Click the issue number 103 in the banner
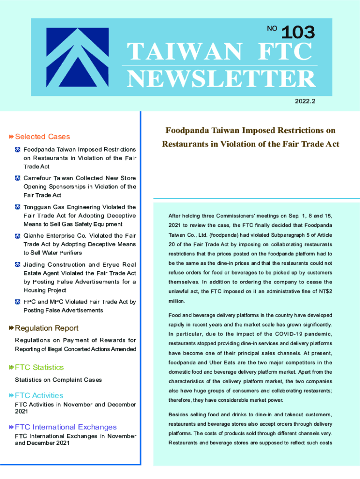pyautogui.click(x=298, y=32)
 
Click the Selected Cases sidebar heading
pyautogui.click(x=42, y=137)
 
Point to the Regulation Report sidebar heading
pyautogui.click(x=46, y=328)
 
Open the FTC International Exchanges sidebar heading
pyautogui.click(x=65, y=427)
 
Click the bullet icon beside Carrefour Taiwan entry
pyautogui.click(x=18, y=178)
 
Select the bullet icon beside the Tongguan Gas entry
pyautogui.click(x=18, y=207)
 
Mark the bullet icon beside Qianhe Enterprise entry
pyautogui.click(x=18, y=236)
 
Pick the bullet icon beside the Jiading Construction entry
pyautogui.click(x=18, y=265)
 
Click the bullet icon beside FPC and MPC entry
pyautogui.click(x=18, y=302)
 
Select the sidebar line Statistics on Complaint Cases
pyautogui.click(x=58, y=379)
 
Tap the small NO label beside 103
pyautogui.click(x=272, y=29)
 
